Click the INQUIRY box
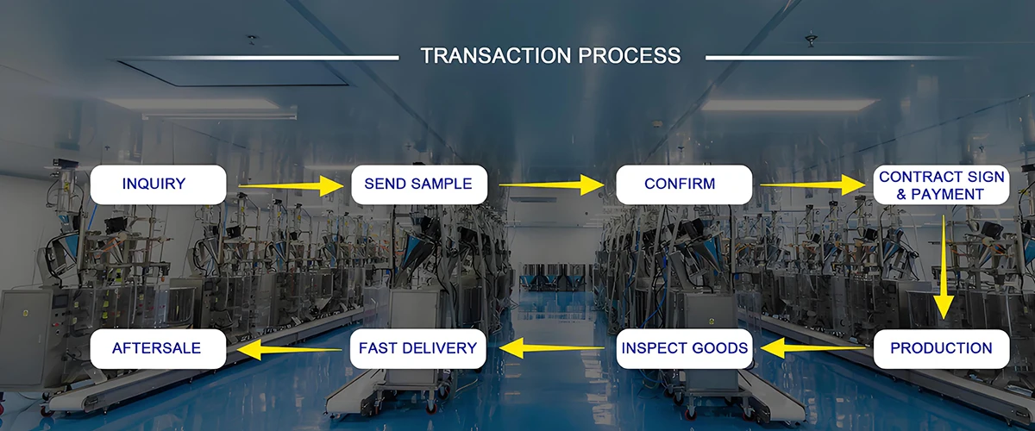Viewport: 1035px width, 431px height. point(158,184)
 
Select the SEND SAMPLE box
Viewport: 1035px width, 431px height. point(418,184)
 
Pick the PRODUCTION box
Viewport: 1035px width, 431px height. point(941,349)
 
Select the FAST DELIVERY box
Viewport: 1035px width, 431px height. point(418,349)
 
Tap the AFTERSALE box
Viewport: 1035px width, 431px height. point(158,349)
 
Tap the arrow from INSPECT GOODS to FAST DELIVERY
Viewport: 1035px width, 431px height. point(552,348)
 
